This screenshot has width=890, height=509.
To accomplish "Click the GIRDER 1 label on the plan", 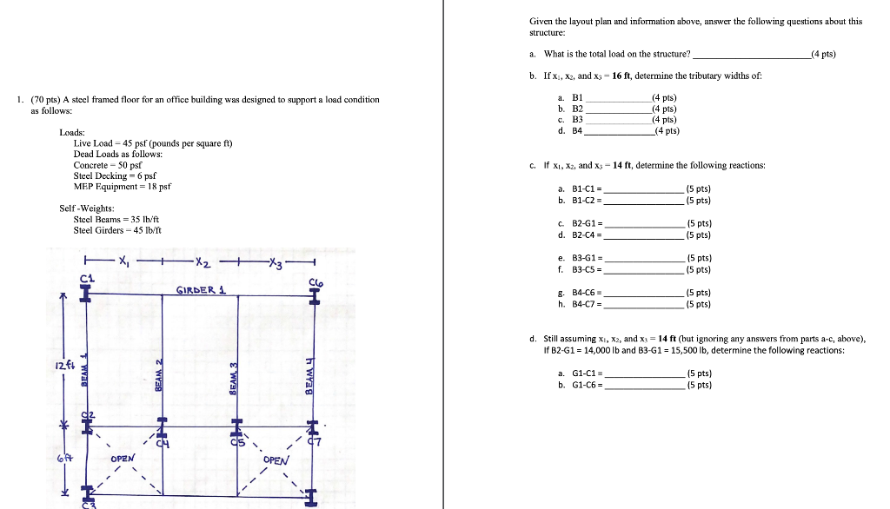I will (x=200, y=289).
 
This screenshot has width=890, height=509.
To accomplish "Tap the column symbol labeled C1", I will (x=86, y=293).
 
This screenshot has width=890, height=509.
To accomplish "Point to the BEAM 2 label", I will (x=158, y=374).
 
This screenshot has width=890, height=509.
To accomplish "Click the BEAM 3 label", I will (x=234, y=379).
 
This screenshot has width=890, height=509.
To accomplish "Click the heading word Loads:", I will (x=71, y=132).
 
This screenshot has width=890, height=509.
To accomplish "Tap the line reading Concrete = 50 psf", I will (x=107, y=164).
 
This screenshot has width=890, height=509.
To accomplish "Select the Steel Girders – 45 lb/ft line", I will (x=116, y=230).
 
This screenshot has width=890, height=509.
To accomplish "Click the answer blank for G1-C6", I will (x=644, y=386).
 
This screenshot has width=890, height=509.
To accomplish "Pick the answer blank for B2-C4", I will (x=644, y=235).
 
